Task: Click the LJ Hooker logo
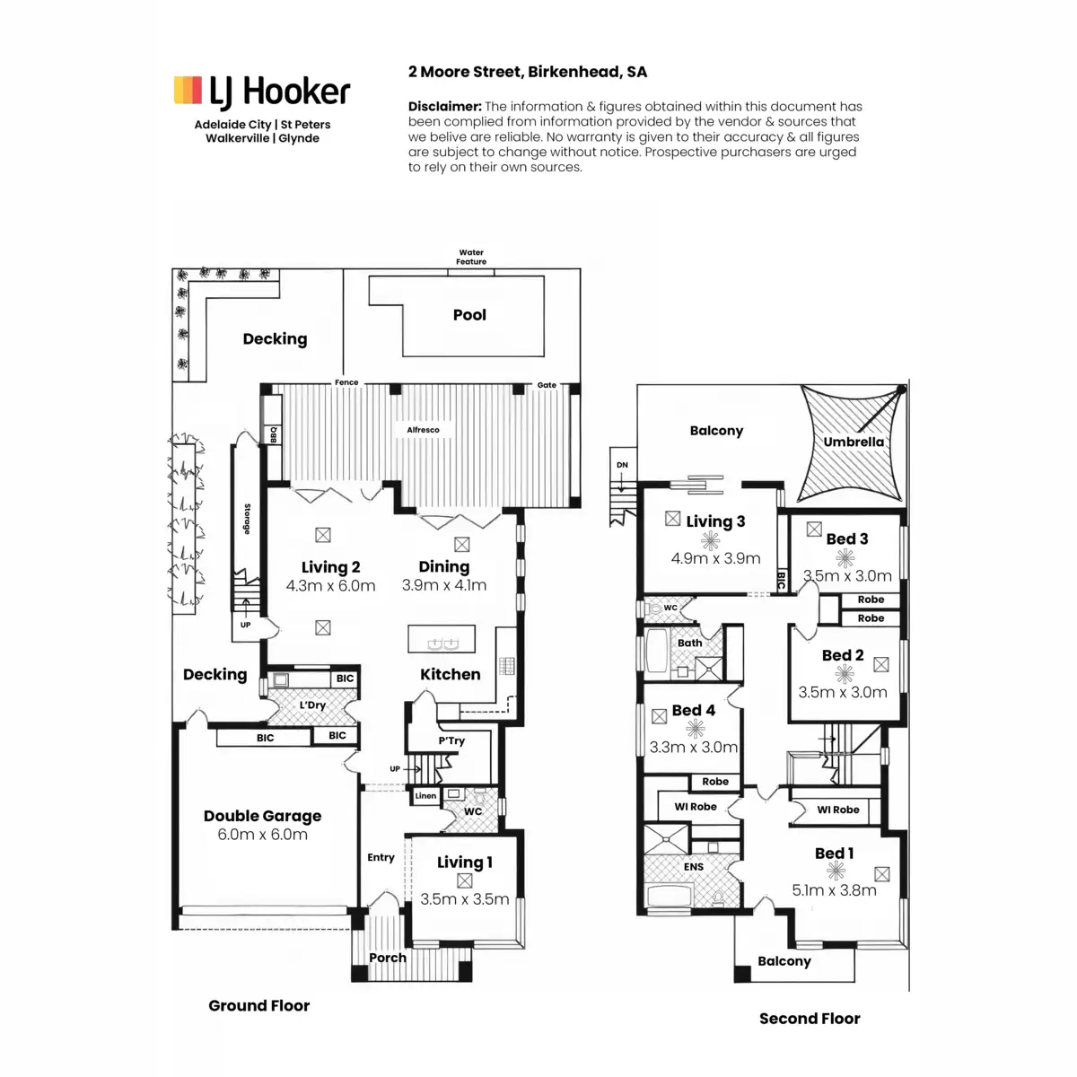(x=261, y=92)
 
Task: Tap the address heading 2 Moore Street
(x=528, y=72)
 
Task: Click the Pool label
(x=469, y=315)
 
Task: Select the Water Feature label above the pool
(x=471, y=257)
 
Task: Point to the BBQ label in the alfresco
(x=274, y=434)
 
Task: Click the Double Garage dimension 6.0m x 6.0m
(x=262, y=835)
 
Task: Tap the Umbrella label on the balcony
(x=854, y=442)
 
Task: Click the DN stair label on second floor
(x=622, y=465)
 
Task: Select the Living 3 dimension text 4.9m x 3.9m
(x=715, y=558)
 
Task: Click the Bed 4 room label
(x=694, y=710)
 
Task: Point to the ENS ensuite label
(x=694, y=867)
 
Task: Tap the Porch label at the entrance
(x=388, y=958)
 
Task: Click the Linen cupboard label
(x=426, y=796)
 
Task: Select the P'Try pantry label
(x=451, y=741)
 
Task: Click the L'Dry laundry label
(x=312, y=705)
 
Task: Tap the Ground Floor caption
(x=258, y=1005)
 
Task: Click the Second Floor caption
(x=810, y=1019)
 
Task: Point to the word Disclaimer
(x=445, y=106)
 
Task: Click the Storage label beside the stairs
(x=247, y=519)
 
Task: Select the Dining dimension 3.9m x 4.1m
(x=443, y=585)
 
